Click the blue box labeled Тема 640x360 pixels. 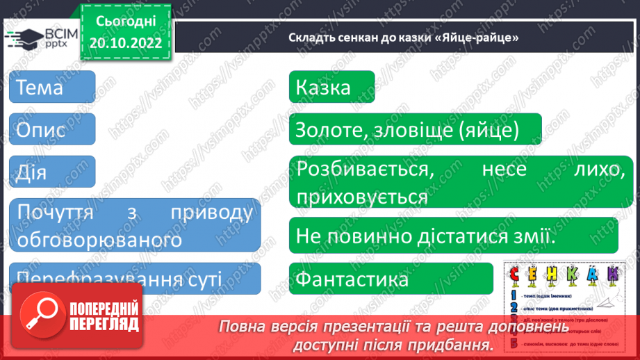tap(52, 88)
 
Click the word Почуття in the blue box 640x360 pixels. tap(52, 213)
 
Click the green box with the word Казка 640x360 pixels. tap(331, 88)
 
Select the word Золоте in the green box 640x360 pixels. tap(328, 130)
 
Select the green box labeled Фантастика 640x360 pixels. tap(352, 279)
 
